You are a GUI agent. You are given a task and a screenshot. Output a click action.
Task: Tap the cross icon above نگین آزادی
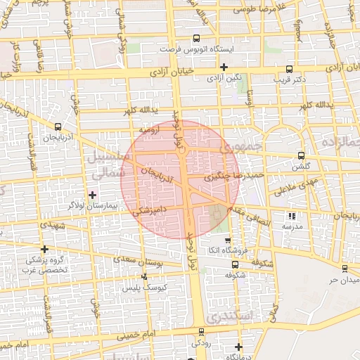pyautogui.click(x=224, y=67)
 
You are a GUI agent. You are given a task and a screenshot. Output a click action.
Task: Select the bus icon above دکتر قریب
pyautogui.click(x=290, y=69)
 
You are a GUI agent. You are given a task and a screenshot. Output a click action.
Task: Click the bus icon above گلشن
pyautogui.click(x=302, y=155)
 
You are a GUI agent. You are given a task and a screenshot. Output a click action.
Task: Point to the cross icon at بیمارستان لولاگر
pyautogui.click(x=92, y=194)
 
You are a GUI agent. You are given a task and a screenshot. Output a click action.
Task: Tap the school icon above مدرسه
pyautogui.click(x=292, y=216)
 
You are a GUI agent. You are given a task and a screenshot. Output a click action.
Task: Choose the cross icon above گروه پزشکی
pyautogui.click(x=45, y=249)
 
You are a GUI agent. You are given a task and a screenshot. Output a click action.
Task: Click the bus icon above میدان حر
pyautogui.click(x=345, y=269)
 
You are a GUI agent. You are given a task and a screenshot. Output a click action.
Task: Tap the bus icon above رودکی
pyautogui.click(x=202, y=332)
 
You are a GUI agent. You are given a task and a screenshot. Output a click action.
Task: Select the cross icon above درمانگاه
pyautogui.click(x=239, y=347)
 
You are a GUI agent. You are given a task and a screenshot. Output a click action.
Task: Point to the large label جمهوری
pyautogui.click(x=240, y=147)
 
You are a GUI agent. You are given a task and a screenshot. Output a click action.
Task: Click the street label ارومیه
pyautogui.click(x=151, y=129)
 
